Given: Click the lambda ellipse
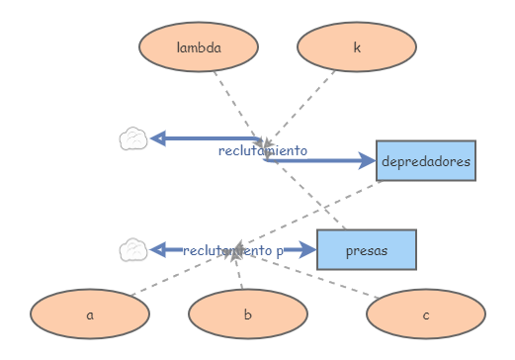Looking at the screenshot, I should pyautogui.click(x=199, y=47).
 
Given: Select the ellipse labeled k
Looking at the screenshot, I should pyautogui.click(x=357, y=47).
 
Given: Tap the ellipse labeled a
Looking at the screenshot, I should pyautogui.click(x=90, y=315).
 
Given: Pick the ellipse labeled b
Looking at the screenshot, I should pyautogui.click(x=248, y=315).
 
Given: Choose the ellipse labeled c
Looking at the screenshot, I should pyautogui.click(x=426, y=315).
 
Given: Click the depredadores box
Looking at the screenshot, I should pyautogui.click(x=426, y=160).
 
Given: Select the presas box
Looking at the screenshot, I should pyautogui.click(x=367, y=250).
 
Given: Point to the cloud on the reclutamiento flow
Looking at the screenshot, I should pyautogui.click(x=133, y=139).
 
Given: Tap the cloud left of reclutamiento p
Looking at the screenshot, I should pyautogui.click(x=133, y=250).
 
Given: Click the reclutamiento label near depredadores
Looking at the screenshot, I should pyautogui.click(x=263, y=151).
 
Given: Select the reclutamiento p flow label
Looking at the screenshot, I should pyautogui.click(x=233, y=251).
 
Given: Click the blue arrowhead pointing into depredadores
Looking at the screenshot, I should pyautogui.click(x=367, y=160).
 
